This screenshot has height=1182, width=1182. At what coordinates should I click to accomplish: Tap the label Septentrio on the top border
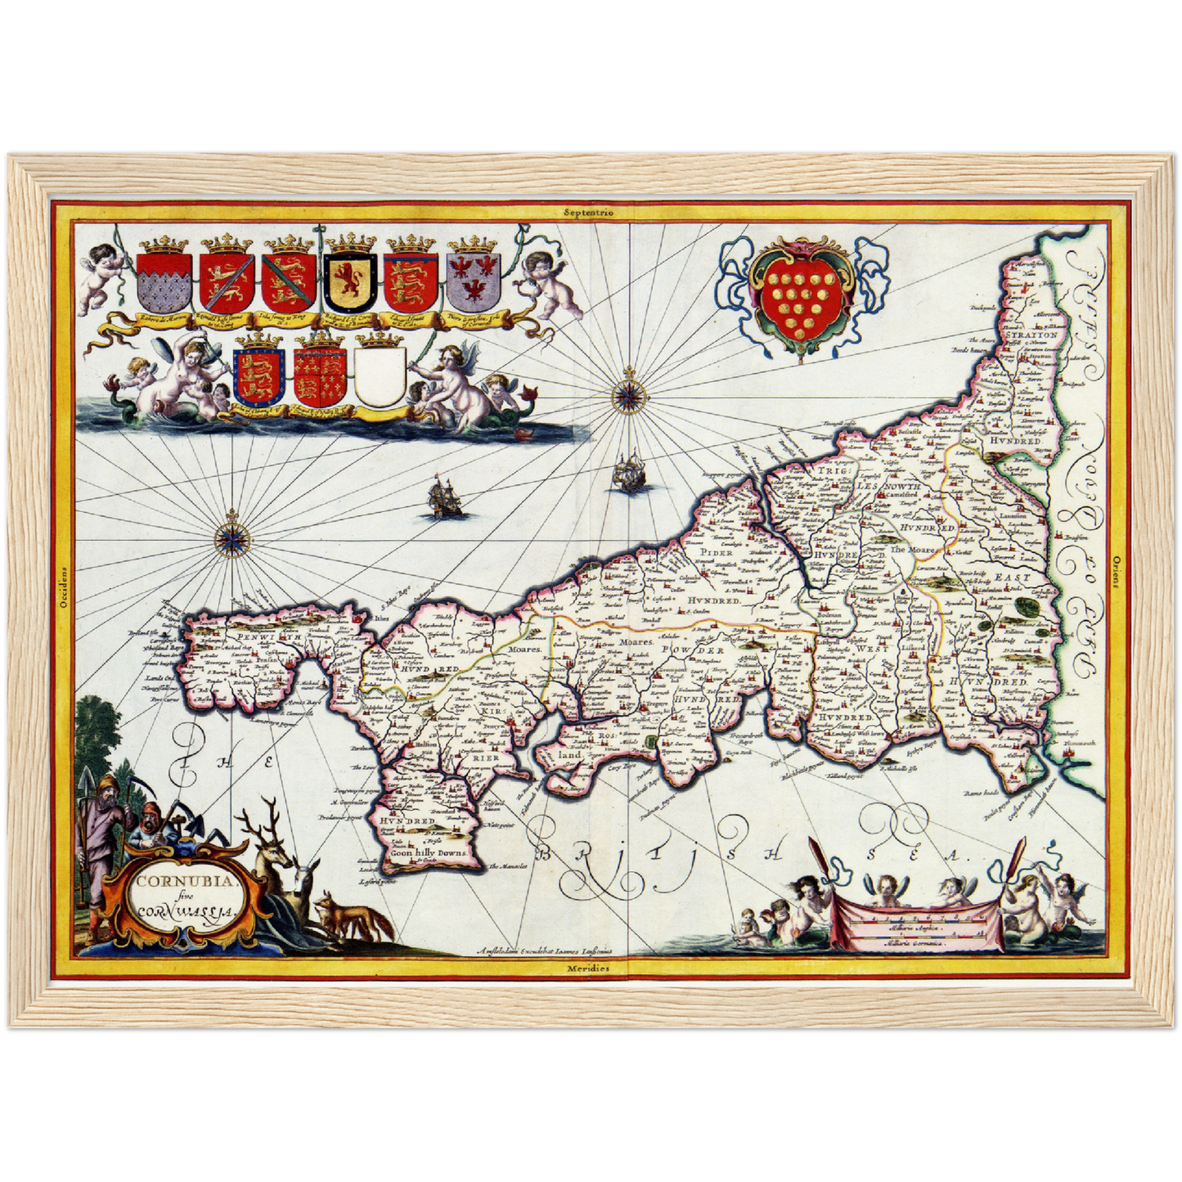click(588, 212)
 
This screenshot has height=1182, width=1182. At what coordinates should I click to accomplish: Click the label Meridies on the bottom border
click(588, 969)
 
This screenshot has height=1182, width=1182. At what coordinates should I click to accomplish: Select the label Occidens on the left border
click(63, 589)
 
